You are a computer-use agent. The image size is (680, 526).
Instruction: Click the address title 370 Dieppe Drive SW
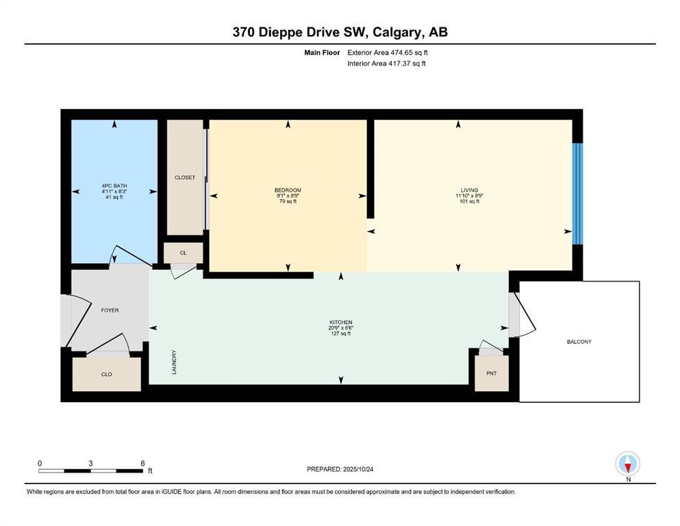(x=340, y=32)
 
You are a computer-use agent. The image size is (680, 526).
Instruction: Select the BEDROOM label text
(x=288, y=190)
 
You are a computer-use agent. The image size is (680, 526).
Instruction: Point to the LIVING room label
(x=469, y=190)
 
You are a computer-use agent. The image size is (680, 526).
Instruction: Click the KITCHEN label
(x=340, y=322)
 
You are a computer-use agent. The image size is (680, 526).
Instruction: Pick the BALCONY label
(x=579, y=342)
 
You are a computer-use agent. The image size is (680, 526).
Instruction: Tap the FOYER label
(x=110, y=310)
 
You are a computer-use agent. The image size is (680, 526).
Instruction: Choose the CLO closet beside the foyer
(x=107, y=375)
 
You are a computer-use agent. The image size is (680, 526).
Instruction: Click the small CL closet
(x=183, y=253)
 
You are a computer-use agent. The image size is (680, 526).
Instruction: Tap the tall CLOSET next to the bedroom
(x=185, y=177)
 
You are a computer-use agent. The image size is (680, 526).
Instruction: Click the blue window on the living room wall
(x=578, y=193)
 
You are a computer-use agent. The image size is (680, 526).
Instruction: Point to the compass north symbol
(x=627, y=464)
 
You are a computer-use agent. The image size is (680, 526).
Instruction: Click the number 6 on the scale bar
(x=142, y=463)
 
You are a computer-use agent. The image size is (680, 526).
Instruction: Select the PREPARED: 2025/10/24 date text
(x=340, y=469)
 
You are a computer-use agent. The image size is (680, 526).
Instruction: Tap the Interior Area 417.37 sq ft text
(x=386, y=64)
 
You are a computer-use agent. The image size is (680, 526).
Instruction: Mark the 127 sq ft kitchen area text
(x=340, y=333)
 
